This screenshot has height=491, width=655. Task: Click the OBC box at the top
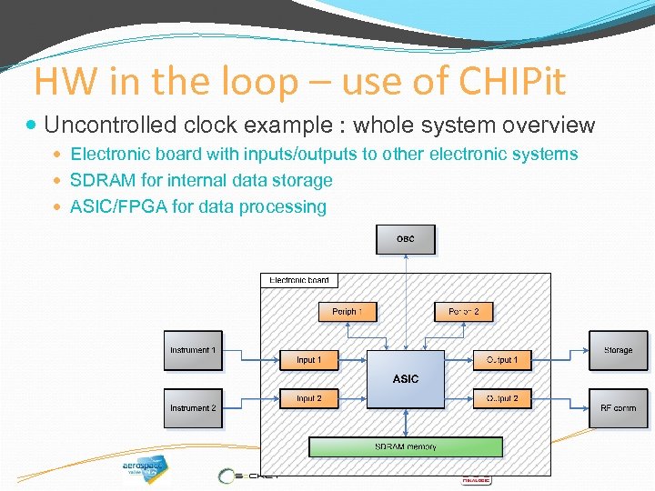coord(406,239)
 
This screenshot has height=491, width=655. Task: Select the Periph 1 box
coord(347,311)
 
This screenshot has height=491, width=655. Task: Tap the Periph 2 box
coord(463,311)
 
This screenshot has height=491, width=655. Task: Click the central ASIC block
coord(406,378)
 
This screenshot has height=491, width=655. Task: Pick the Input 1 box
coord(308,360)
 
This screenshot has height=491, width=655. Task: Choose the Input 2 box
coord(308,398)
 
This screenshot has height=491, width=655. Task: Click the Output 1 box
coord(501,360)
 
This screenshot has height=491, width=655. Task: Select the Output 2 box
coord(501,398)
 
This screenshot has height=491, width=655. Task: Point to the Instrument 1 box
coord(193,350)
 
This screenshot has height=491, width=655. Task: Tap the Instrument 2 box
coord(193,407)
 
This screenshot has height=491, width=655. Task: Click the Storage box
coord(618,350)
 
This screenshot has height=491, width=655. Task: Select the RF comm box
coord(618,407)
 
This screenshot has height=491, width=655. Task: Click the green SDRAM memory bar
coord(406,446)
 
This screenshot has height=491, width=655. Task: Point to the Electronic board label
coord(299,280)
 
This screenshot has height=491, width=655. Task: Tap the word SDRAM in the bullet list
coord(98,180)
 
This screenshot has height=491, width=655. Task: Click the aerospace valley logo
coord(145,469)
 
